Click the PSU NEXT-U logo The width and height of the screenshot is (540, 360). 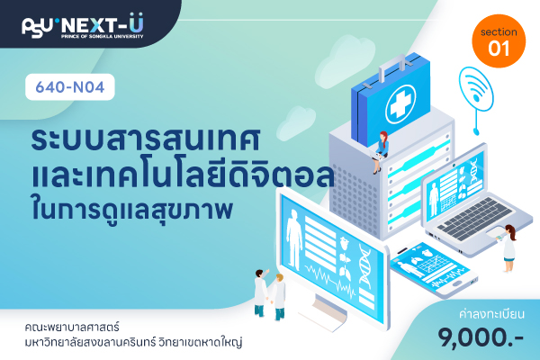point(83,26)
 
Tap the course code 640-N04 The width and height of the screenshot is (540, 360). point(70,87)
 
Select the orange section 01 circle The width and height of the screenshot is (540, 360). point(499,41)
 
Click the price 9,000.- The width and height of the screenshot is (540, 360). point(481,338)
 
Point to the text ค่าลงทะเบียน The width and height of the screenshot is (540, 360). point(491,314)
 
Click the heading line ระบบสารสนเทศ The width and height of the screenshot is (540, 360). point(145,139)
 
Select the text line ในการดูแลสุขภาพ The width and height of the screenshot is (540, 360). point(131,209)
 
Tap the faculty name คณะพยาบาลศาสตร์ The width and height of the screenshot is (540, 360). point(72,327)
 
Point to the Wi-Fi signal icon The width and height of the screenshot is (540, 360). point(476,90)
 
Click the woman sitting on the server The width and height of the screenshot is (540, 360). point(380,152)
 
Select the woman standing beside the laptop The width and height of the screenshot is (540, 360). point(508,248)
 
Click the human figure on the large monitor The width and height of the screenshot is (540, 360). point(293,239)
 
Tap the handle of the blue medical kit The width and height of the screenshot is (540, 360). point(392,67)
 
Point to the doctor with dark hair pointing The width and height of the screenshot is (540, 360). point(261,292)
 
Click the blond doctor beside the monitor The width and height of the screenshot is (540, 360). point(278,296)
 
